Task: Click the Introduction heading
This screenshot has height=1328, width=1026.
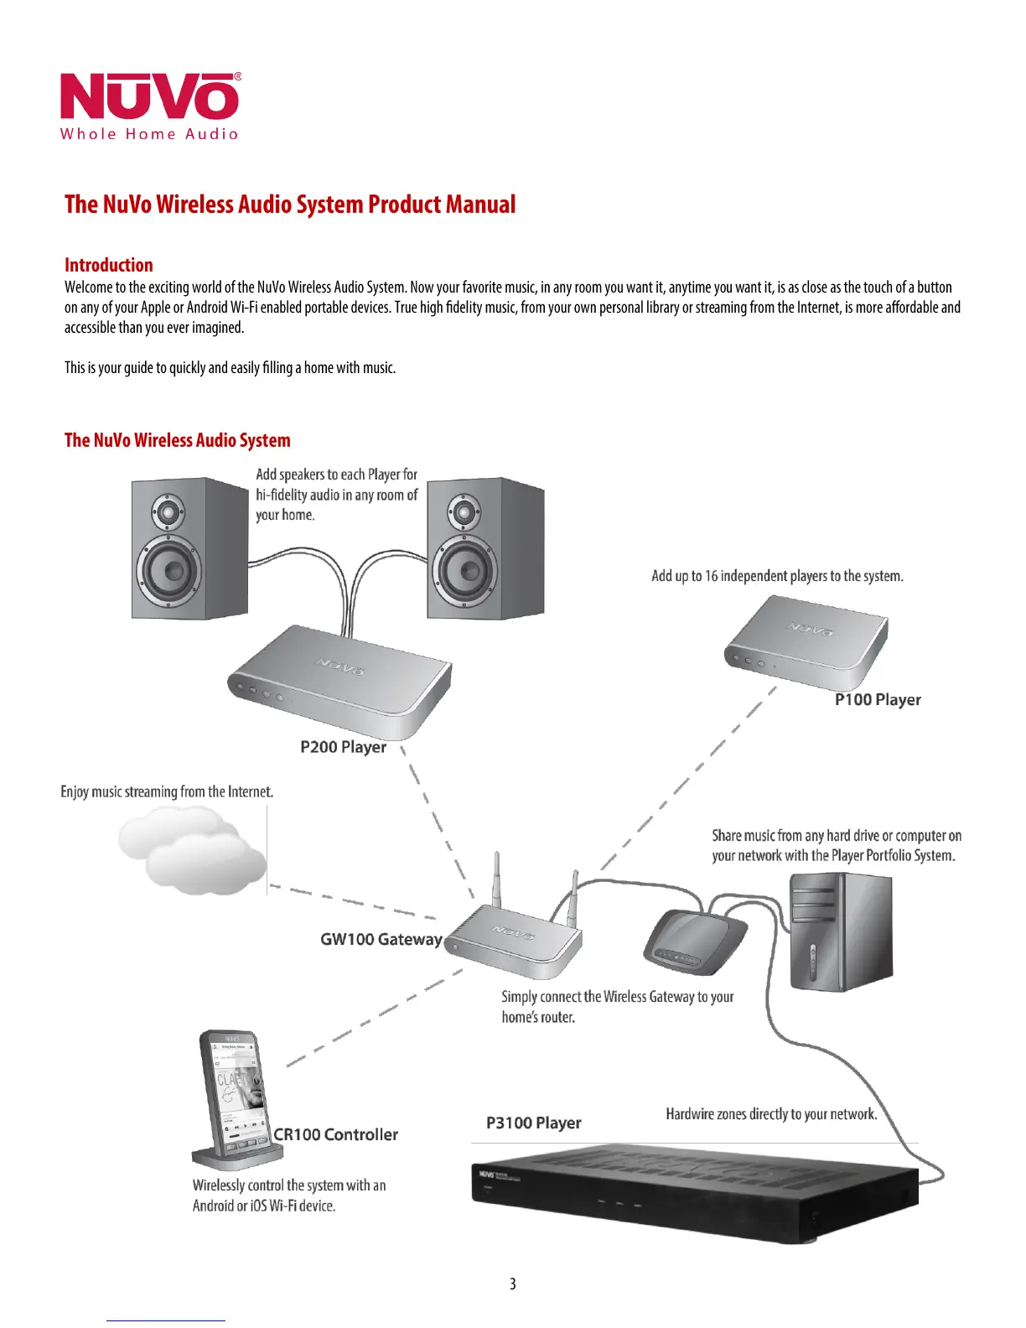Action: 109,265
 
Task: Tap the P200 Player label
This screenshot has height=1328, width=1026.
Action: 343,747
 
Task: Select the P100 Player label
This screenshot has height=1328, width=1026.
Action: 878,700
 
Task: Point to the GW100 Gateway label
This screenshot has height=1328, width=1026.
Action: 381,940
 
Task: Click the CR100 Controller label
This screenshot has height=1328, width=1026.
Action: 335,1135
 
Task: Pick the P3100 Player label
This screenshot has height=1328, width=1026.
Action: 533,1123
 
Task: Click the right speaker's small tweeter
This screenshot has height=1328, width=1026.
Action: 464,511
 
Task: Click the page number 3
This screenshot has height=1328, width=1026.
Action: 513,1284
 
